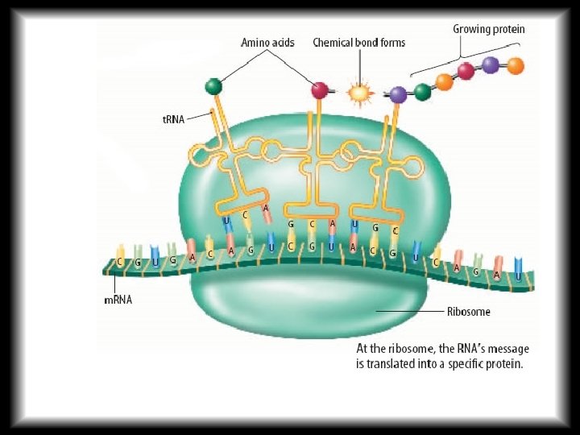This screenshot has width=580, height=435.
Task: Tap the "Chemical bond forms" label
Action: pos(358,42)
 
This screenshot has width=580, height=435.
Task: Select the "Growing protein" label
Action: pos(488,29)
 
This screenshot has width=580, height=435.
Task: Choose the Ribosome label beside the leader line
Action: pos(469,311)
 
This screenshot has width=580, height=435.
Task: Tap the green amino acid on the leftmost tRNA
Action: pos(213,85)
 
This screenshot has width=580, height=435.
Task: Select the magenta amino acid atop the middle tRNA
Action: pos(320,90)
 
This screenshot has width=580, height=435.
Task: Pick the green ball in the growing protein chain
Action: pos(422,91)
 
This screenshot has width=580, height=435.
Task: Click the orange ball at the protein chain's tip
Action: pos(516,64)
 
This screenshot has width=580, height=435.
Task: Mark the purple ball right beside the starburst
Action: pos(398,95)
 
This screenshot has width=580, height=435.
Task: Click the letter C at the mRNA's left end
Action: pos(120,262)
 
